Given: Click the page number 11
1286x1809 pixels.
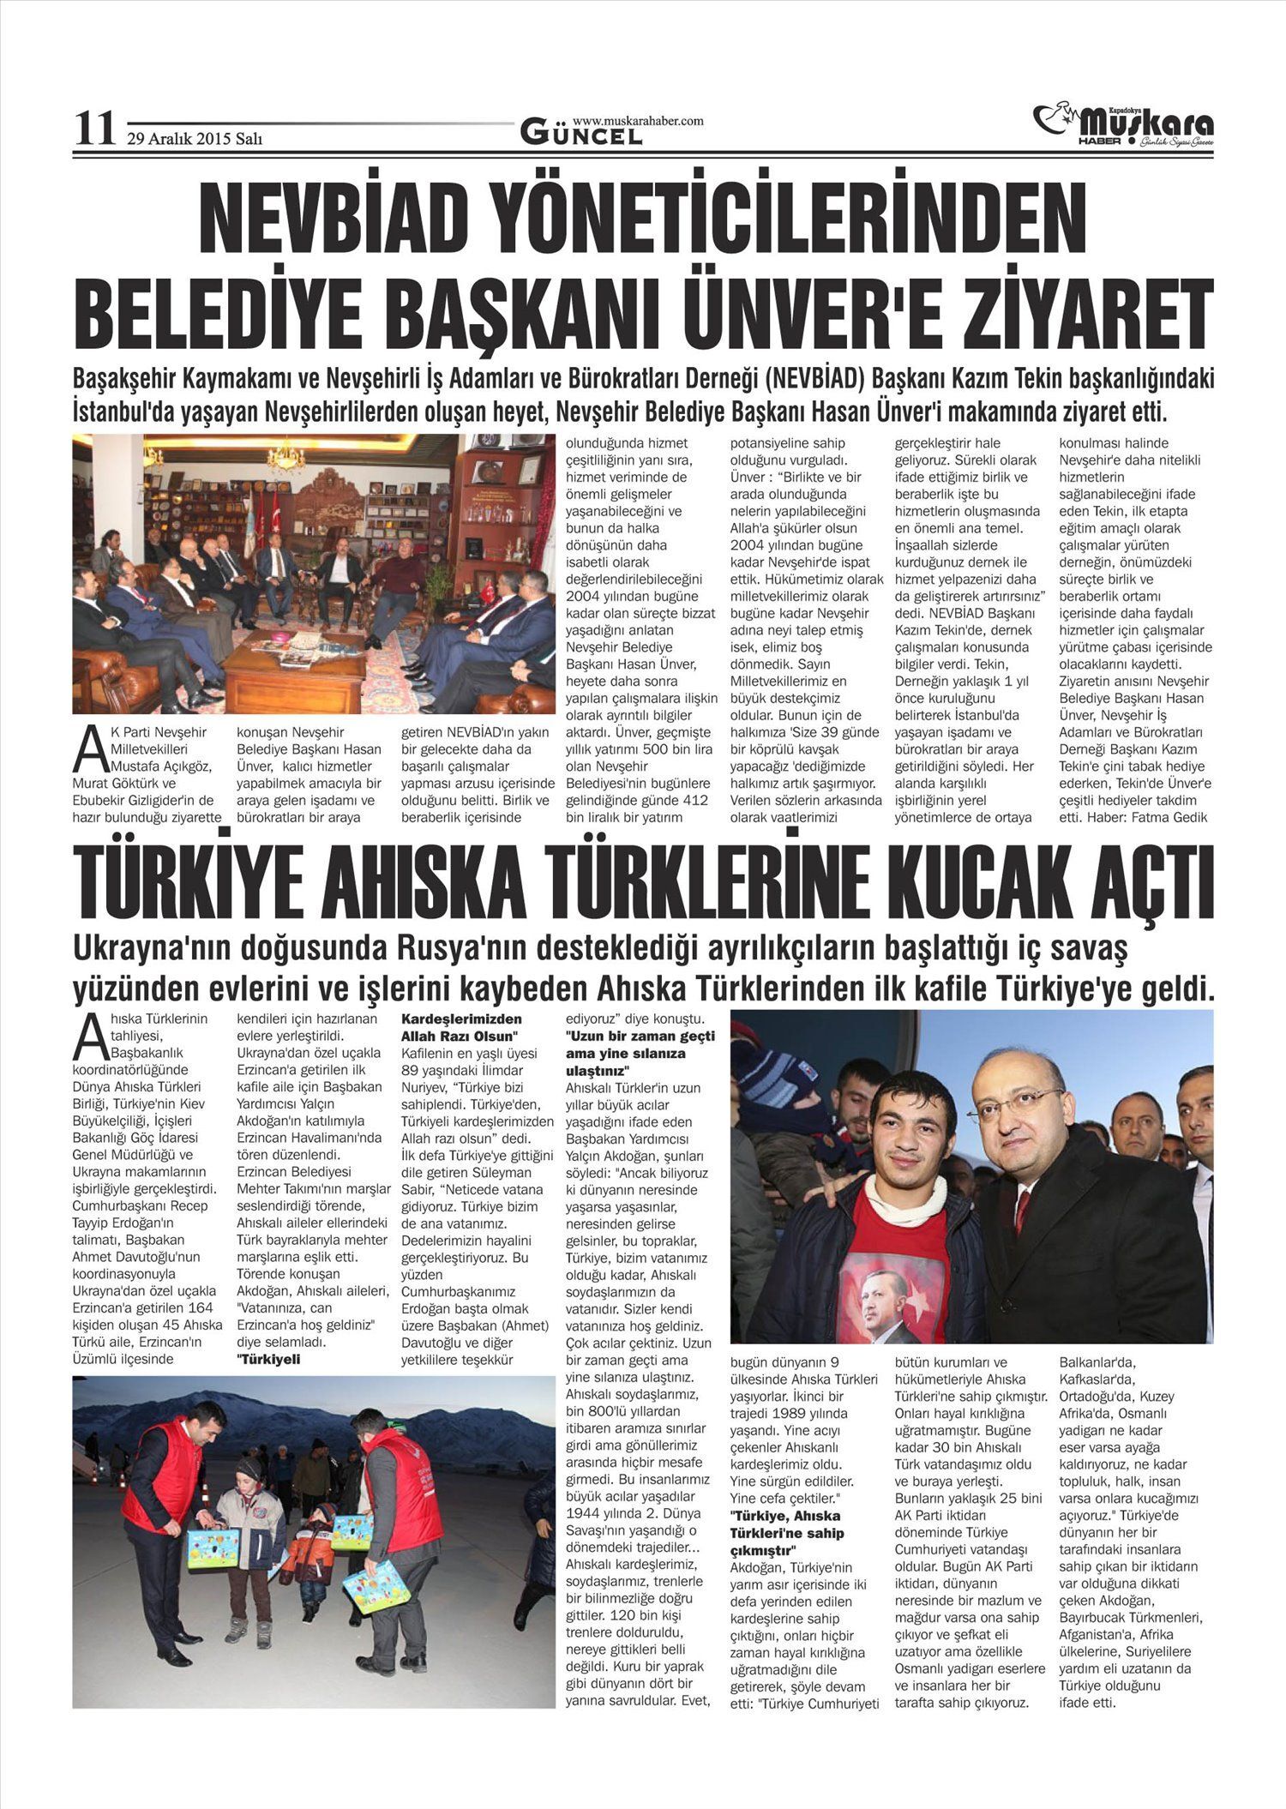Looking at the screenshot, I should [94, 129].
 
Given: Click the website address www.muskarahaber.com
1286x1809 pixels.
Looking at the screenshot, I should [638, 121].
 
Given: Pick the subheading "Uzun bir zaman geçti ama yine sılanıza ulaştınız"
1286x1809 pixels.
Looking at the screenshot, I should [640, 1054].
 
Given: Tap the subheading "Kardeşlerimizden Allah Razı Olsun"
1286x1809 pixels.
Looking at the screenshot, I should [462, 1028].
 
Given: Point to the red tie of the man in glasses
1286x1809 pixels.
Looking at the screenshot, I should [1021, 1212].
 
